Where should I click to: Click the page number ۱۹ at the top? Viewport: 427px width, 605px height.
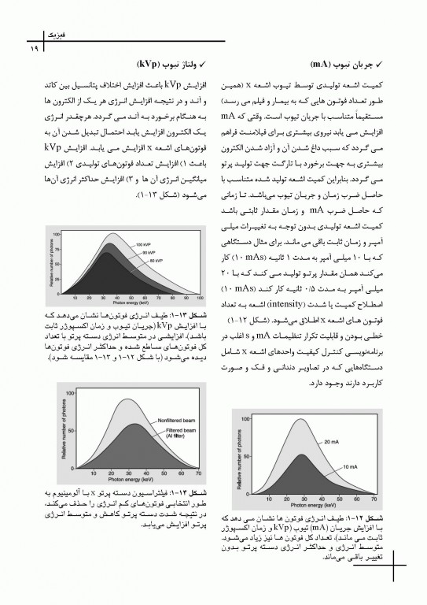coord(35,50)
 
